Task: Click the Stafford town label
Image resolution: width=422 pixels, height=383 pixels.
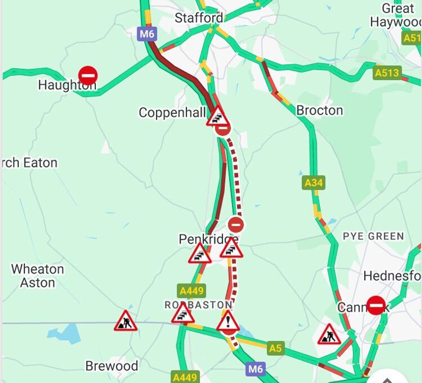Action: click(x=199, y=18)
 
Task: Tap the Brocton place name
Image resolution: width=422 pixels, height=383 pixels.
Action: click(x=319, y=110)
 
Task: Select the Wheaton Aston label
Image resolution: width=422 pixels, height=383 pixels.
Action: click(x=37, y=276)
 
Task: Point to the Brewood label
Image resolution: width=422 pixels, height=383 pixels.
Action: click(x=111, y=366)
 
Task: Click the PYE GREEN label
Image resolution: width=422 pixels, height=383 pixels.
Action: click(x=373, y=236)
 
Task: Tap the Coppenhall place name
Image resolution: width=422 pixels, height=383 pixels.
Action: click(x=172, y=113)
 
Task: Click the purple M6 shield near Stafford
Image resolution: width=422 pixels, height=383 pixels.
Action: click(x=147, y=34)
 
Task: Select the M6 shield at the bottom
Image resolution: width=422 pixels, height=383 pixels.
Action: click(x=255, y=369)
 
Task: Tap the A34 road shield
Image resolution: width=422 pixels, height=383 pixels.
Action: click(x=313, y=183)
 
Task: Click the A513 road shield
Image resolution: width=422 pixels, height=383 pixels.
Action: click(x=387, y=73)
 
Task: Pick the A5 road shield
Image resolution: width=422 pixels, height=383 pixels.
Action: click(x=275, y=348)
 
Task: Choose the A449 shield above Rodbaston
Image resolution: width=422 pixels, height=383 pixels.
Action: click(x=191, y=291)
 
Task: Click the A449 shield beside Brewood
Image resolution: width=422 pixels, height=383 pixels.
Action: click(x=185, y=377)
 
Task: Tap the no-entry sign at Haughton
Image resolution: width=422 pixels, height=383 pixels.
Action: click(x=88, y=76)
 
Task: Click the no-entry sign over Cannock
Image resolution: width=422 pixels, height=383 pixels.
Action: click(x=376, y=305)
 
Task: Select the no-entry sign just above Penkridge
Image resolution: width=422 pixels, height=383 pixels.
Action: click(x=236, y=224)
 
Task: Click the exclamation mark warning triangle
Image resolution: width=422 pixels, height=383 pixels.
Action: click(x=228, y=321)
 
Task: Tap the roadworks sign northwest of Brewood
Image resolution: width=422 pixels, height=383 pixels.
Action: click(x=125, y=321)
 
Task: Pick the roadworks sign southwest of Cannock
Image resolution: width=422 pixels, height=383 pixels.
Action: click(x=329, y=335)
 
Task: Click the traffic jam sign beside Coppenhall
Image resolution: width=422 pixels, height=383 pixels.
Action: click(x=218, y=117)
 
